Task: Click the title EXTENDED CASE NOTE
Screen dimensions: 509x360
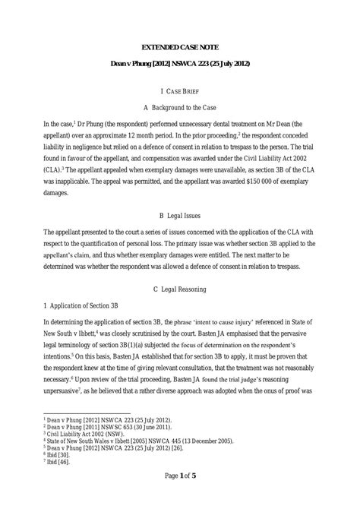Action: (x=179, y=47)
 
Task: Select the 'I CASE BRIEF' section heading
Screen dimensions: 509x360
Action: (x=179, y=88)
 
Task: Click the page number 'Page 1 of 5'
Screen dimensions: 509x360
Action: (x=179, y=495)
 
